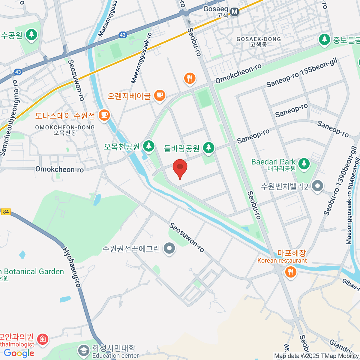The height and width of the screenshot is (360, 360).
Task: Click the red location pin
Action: pyautogui.click(x=180, y=167)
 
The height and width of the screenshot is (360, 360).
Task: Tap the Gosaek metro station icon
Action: pyautogui.click(x=235, y=12)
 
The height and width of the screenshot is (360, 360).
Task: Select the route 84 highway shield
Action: pyautogui.click(x=6, y=212)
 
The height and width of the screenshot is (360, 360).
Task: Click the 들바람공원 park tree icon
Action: pyautogui.click(x=208, y=148)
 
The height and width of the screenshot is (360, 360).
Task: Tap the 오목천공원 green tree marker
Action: pyautogui.click(x=148, y=146)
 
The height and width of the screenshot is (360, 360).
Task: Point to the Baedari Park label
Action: pyautogui.click(x=273, y=162)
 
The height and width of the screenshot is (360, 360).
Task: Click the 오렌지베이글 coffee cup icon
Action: pyautogui.click(x=160, y=95)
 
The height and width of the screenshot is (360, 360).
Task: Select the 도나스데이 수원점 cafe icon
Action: pyautogui.click(x=104, y=115)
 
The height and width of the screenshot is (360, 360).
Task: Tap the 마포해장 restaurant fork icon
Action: pyautogui.click(x=290, y=272)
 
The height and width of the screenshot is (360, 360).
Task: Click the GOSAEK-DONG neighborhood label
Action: pyautogui.click(x=259, y=39)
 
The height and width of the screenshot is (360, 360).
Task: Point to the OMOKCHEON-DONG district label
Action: pyautogui.click(x=65, y=127)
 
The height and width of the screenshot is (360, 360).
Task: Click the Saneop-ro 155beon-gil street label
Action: pyautogui.click(x=302, y=73)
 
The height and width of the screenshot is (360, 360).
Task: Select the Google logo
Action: pyautogui.click(x=19, y=353)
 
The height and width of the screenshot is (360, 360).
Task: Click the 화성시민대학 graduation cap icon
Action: pyautogui.click(x=83, y=350)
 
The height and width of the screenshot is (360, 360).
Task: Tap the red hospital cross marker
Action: pyautogui.click(x=43, y=339)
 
